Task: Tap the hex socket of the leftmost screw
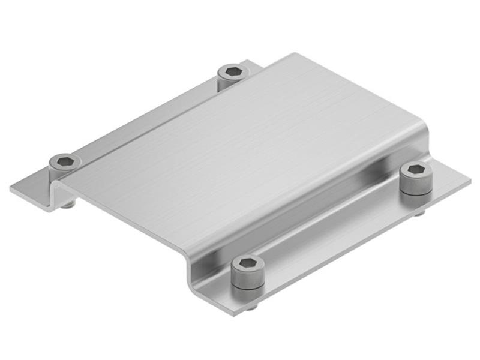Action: tap(65, 161)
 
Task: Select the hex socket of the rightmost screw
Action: tap(415, 170)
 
